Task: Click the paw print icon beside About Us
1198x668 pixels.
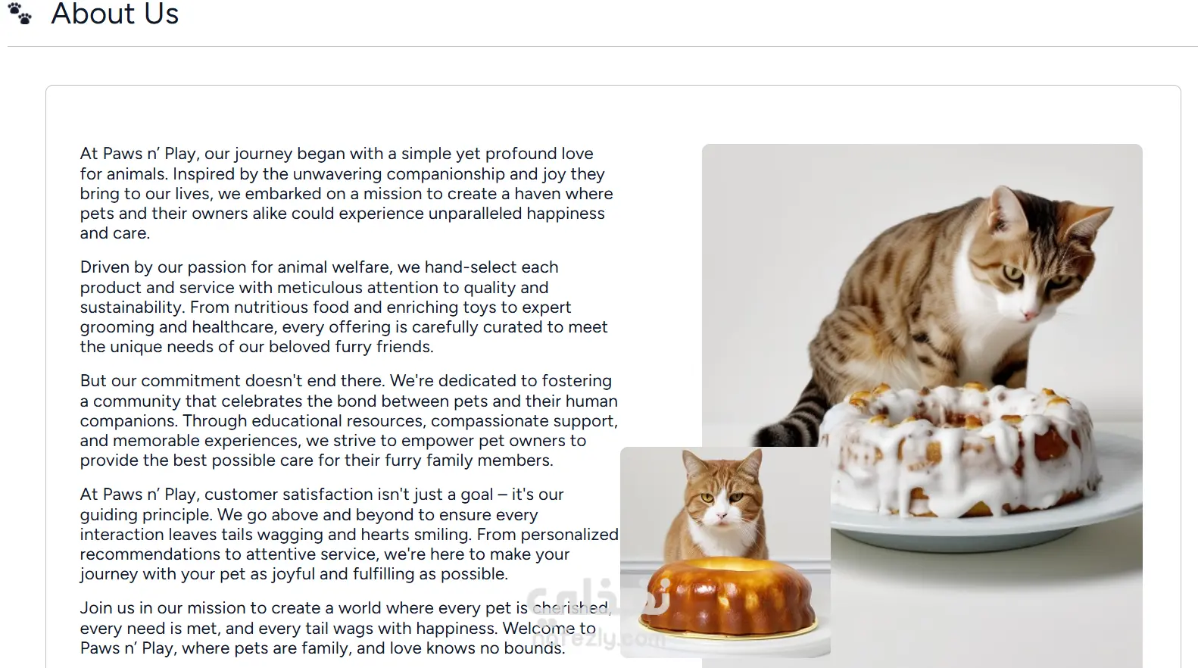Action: [x=20, y=14]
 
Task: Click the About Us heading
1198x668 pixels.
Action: [x=115, y=13]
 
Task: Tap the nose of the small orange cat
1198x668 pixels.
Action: [x=721, y=516]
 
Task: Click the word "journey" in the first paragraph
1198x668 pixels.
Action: [x=263, y=154]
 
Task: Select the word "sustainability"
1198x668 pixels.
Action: [x=133, y=307]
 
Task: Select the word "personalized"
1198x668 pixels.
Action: [x=569, y=534]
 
